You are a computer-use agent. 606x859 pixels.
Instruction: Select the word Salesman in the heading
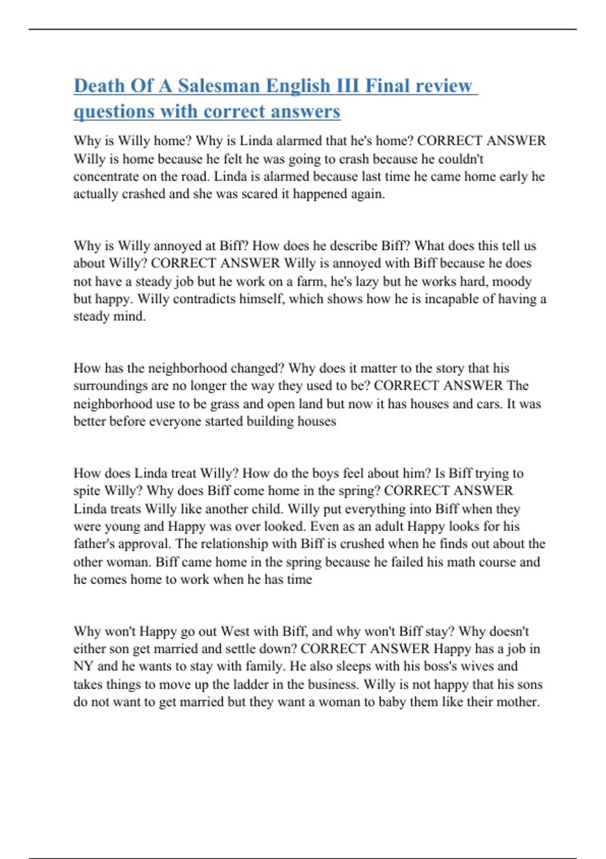click(x=219, y=86)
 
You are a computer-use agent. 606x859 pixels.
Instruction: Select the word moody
click(x=512, y=281)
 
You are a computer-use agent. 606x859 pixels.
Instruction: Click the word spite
click(x=87, y=491)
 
